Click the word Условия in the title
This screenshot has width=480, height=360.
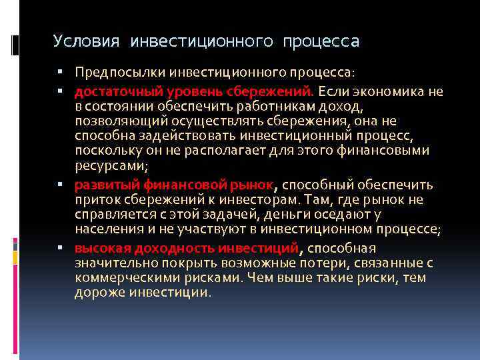coord(87,42)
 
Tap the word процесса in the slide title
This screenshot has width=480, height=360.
coord(321,42)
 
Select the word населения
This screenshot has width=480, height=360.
coord(107,229)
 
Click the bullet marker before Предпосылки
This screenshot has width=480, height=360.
coord(59,71)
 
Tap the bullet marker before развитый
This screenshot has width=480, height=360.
coord(59,185)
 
